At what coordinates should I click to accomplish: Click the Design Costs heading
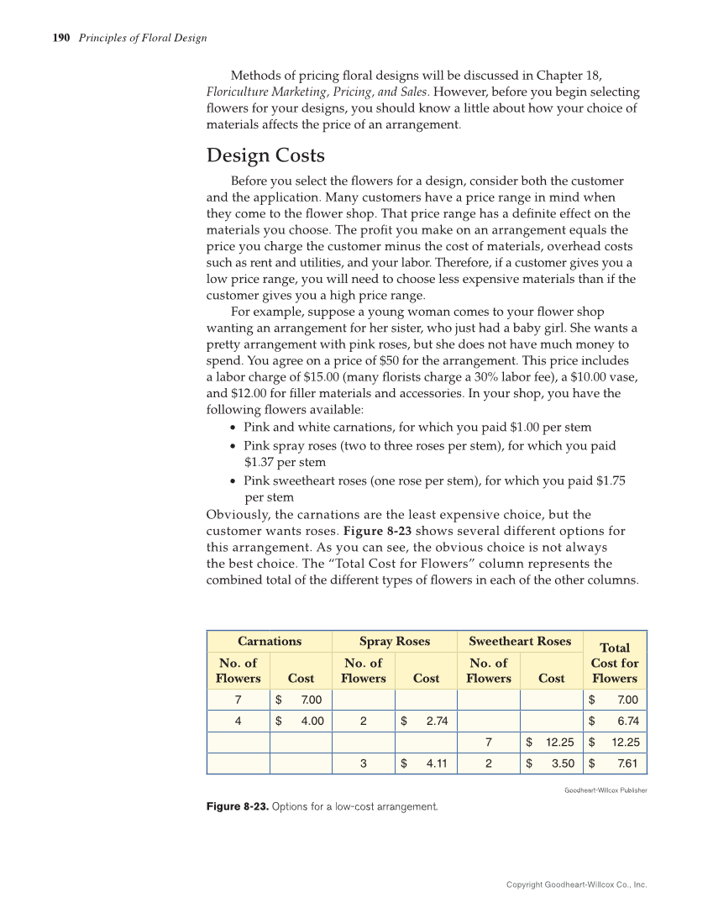[265, 155]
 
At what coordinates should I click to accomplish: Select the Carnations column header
[270, 641]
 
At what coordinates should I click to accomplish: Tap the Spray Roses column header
[395, 641]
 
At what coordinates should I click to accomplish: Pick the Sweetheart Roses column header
[520, 641]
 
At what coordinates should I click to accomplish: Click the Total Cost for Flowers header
[615, 663]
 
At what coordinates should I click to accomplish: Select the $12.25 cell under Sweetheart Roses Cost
[552, 742]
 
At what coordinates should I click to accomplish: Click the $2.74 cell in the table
[426, 721]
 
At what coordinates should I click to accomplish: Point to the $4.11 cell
[426, 763]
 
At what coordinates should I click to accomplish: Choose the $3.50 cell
[552, 763]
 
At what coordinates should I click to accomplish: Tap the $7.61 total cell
[615, 763]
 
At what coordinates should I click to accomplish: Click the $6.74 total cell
[615, 721]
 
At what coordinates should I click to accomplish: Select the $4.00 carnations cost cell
[301, 721]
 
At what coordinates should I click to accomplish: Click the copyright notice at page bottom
[576, 884]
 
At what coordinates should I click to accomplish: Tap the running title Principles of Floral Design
[143, 38]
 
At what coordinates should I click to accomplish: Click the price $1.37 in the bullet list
[262, 462]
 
